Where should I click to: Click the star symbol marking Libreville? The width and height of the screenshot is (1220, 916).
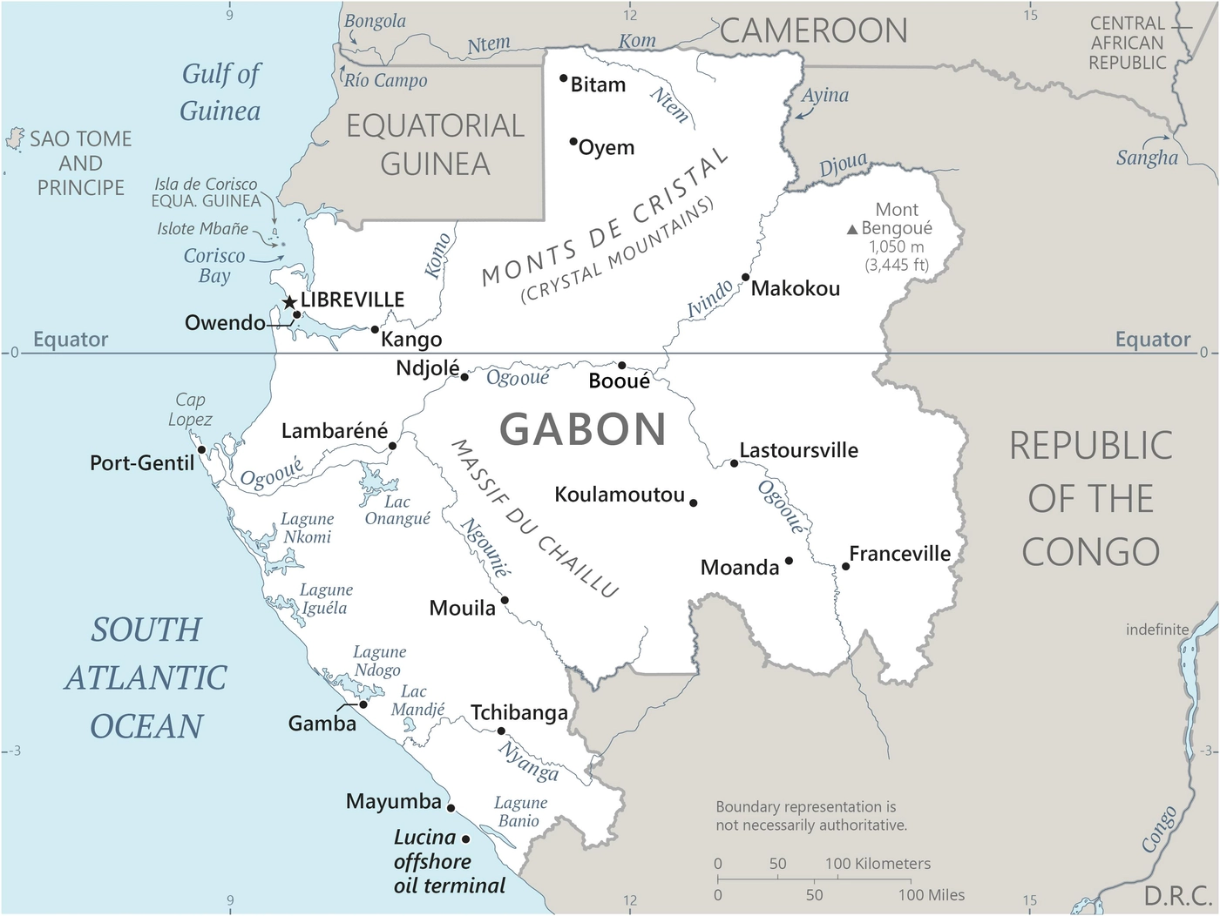coord(289,302)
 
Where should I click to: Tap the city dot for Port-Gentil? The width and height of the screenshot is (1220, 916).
coord(202,450)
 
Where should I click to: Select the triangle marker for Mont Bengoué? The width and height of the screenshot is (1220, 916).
coord(852,229)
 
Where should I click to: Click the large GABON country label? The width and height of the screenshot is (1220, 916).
coord(583,429)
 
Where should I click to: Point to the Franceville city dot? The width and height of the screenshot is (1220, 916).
coord(845,567)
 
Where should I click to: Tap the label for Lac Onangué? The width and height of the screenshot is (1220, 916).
coord(397,510)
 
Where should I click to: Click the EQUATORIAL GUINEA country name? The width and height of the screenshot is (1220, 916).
coord(435,145)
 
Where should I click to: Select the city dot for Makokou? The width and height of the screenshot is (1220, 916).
coord(746,278)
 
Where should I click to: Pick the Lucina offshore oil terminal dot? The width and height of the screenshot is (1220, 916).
coord(466,839)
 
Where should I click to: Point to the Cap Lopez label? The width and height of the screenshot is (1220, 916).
coord(190,409)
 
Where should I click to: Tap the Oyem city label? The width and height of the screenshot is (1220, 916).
coord(607,148)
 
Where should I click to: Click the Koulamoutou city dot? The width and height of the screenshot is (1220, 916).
coord(694,503)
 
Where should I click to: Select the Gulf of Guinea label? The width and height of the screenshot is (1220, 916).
coord(220,92)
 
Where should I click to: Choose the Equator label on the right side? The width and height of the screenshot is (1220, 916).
coord(1152,340)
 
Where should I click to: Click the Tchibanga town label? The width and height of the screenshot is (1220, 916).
coord(519,713)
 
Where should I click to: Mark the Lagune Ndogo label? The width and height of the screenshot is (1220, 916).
coord(379,661)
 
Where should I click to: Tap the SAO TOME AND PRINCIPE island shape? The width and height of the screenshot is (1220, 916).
coord(15,138)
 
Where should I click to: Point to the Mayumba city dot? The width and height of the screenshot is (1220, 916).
coord(451,808)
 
